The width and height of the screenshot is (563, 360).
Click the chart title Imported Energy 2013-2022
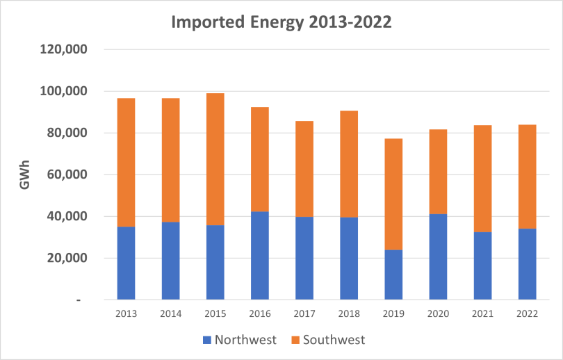coord(281,22)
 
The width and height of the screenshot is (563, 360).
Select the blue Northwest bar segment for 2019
coord(393,275)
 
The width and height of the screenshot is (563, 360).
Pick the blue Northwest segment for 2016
coord(260,255)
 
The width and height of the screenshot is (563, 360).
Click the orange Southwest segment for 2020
coord(438,172)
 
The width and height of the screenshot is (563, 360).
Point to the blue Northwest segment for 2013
coord(126,263)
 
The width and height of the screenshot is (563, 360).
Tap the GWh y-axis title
coord(25,175)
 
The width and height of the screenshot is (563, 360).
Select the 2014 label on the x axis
coord(170,313)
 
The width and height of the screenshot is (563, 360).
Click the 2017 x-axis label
coord(304,313)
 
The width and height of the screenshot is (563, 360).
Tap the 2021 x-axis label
coord(482,313)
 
